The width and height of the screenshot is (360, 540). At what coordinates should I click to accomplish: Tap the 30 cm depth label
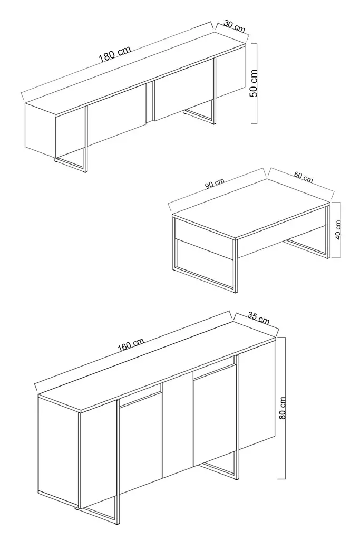click(x=235, y=26)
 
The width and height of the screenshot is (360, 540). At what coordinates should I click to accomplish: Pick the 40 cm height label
click(x=339, y=230)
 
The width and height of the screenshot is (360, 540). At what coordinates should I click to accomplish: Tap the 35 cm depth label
click(x=258, y=318)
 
